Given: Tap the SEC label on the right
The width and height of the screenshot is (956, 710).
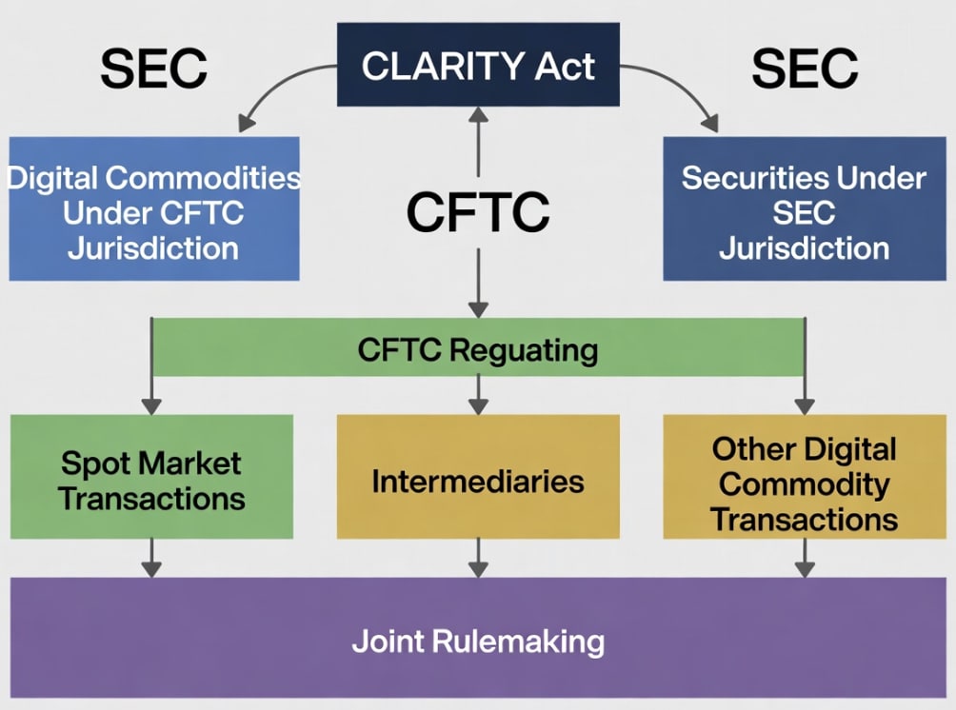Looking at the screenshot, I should (x=805, y=69).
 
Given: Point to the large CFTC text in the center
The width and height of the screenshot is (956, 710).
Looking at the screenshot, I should (x=478, y=212).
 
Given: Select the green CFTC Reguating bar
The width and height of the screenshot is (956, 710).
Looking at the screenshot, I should (x=478, y=348).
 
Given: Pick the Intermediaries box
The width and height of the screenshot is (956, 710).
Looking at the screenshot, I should (x=478, y=482).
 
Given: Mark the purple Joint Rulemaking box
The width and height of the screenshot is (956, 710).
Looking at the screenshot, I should (x=478, y=640).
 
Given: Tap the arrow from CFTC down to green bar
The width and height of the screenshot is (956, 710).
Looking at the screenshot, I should (x=478, y=286).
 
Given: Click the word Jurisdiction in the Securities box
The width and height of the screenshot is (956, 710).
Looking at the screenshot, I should (x=805, y=249).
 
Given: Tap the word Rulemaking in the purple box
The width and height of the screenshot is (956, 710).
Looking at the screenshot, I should (x=519, y=641).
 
